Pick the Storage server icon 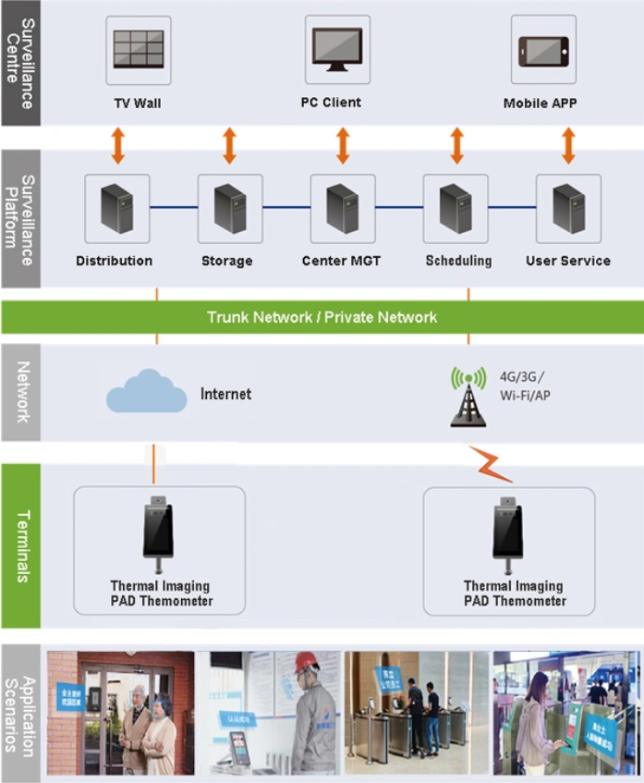pos(229,206)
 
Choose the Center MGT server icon pos(342,206)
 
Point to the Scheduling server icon pos(456,206)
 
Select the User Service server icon pos(568,206)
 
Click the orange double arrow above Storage pos(229,146)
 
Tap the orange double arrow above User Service pos(568,146)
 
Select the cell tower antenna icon pos(468,398)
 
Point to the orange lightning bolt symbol pos(491,465)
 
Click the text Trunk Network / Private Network pos(322,317)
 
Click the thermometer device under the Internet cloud pos(158,532)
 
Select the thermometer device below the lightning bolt pos(510,532)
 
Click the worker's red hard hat pos(306,662)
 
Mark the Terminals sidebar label pos(21,545)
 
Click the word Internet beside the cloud pos(226,394)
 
